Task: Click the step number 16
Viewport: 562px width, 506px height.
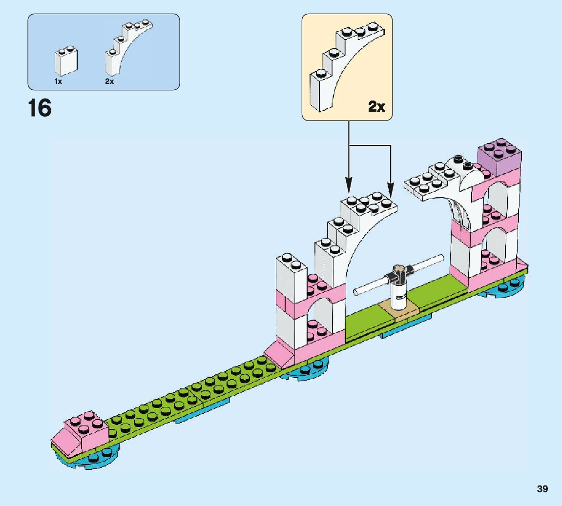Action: [x=40, y=108]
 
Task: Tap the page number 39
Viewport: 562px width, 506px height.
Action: [x=542, y=488]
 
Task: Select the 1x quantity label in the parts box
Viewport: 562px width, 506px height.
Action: [x=58, y=81]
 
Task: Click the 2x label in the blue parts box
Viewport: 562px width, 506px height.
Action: [x=109, y=81]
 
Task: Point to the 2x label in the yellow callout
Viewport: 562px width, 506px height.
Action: [x=376, y=106]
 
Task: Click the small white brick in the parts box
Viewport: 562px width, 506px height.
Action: [x=65, y=61]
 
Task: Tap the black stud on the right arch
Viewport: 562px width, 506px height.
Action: [x=458, y=159]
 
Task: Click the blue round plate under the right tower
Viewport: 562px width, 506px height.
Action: [x=502, y=291]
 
